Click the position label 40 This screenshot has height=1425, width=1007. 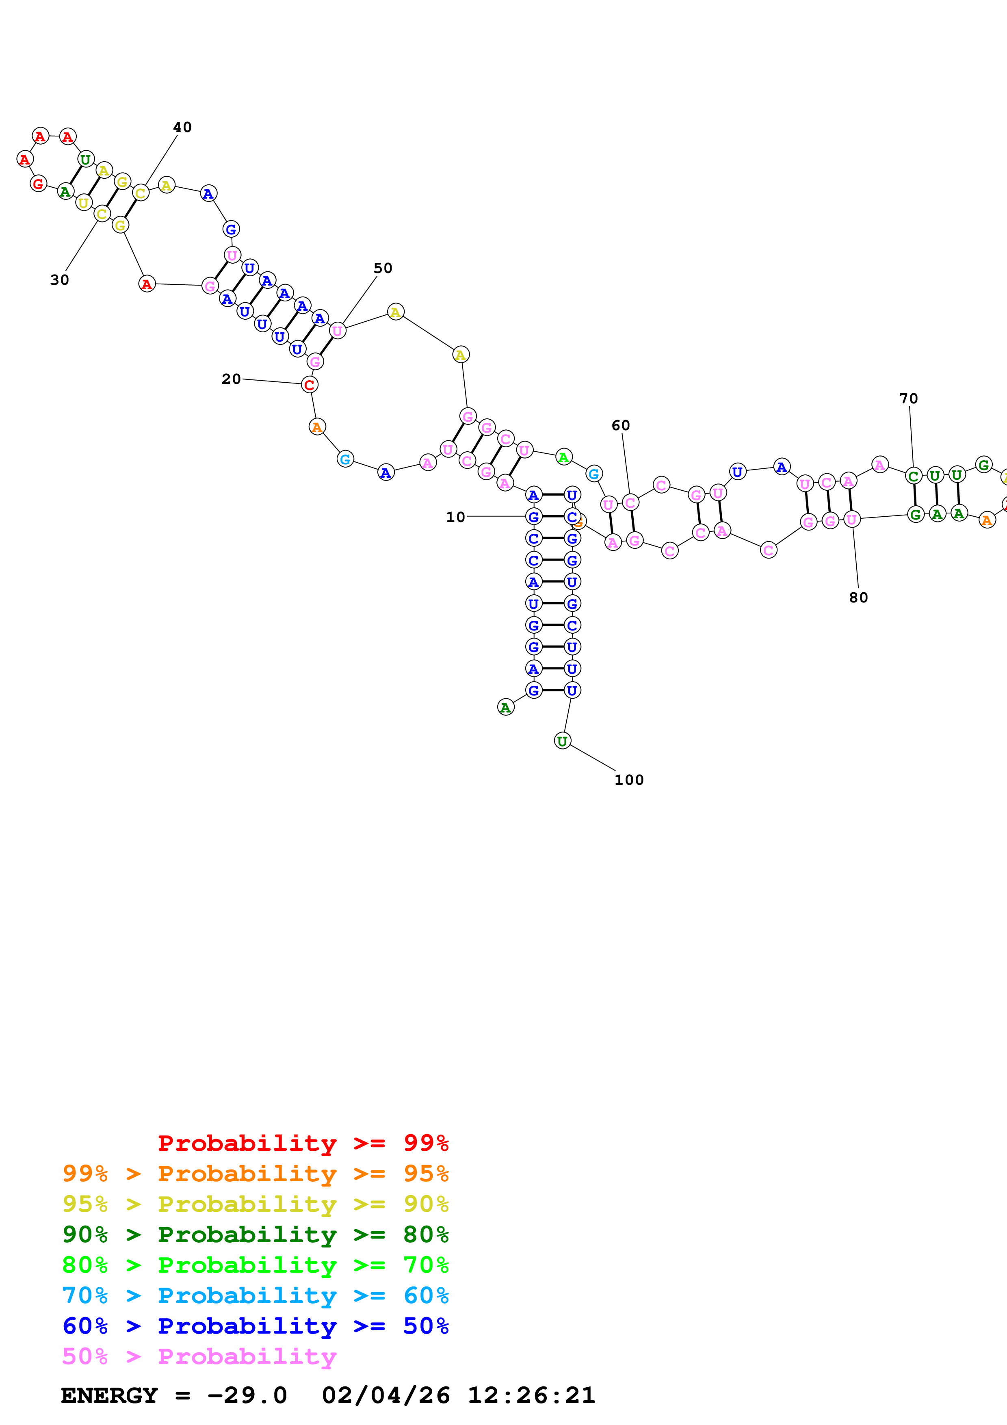point(182,127)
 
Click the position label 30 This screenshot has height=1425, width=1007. point(60,280)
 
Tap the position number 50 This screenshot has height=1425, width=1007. point(383,268)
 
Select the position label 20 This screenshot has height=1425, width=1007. point(232,379)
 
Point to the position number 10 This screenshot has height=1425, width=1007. point(455,517)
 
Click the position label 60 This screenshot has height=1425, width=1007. point(620,425)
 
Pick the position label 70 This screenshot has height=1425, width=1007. point(908,398)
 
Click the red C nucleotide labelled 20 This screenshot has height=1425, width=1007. point(310,385)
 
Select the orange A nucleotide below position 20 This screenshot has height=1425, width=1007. point(317,427)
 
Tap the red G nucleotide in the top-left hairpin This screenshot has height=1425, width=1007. point(39,184)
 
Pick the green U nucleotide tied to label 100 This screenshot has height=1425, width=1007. point(562,741)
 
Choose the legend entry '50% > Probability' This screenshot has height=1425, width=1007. point(199,1356)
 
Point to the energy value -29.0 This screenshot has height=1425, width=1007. point(247,1395)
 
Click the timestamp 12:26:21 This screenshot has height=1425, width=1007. point(531,1395)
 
